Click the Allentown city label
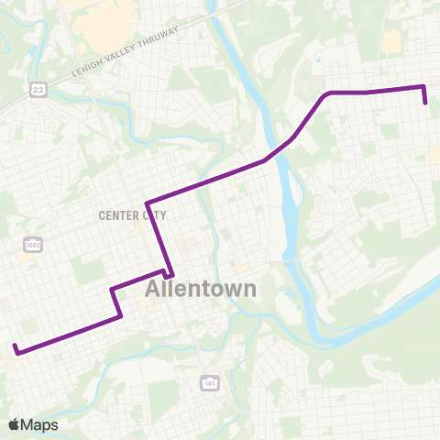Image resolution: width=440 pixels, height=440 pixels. point(201,289)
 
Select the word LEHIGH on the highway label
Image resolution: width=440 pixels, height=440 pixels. point(89,71)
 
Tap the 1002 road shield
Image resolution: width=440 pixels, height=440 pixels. point(34,245)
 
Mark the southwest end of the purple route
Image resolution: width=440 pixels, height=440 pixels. point(16,346)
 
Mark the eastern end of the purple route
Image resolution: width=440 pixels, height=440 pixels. point(427,104)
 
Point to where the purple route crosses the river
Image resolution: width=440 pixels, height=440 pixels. point(280,150)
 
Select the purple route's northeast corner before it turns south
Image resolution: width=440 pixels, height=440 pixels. point(423,87)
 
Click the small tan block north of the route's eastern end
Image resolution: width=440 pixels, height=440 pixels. point(391,41)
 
